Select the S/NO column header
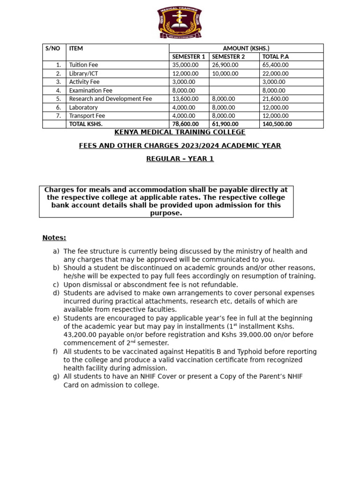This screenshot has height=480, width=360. [x=50, y=48]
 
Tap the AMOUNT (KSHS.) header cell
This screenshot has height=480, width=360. [x=246, y=48]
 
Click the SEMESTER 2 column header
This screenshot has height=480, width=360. [x=228, y=57]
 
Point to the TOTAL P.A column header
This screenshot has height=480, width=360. [x=276, y=57]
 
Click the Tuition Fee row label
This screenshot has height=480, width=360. [x=83, y=65]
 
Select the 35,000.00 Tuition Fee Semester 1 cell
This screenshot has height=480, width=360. [x=185, y=65]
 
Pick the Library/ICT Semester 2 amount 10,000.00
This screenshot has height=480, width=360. [x=225, y=74]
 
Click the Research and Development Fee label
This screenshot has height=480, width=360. [x=111, y=99]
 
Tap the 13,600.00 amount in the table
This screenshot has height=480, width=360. [x=185, y=99]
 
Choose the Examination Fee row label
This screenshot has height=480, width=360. [x=90, y=90]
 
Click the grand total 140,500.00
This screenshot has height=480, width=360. [x=277, y=124]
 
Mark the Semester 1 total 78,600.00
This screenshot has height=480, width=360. [x=185, y=124]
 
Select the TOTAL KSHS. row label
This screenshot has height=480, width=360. [x=86, y=124]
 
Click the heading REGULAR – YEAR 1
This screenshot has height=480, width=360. [x=180, y=159]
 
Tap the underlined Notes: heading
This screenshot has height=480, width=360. [x=54, y=238]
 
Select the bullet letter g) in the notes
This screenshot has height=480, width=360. [x=56, y=377]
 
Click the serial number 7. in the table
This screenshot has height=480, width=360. [x=59, y=116]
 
